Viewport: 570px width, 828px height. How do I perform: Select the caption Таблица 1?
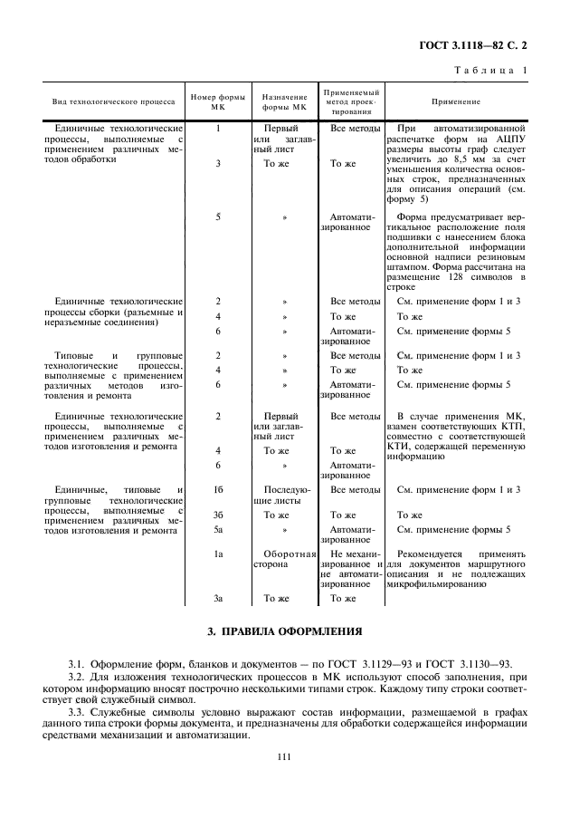491,71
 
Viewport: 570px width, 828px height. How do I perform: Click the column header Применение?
455,102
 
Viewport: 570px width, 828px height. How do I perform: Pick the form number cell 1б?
218,490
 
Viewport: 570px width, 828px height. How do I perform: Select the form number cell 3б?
218,515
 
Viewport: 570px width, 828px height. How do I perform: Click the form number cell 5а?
218,528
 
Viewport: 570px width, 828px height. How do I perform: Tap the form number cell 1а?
218,554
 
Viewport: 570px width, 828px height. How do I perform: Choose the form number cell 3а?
218,598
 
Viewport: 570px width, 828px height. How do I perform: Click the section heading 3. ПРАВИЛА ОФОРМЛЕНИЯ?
285,631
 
